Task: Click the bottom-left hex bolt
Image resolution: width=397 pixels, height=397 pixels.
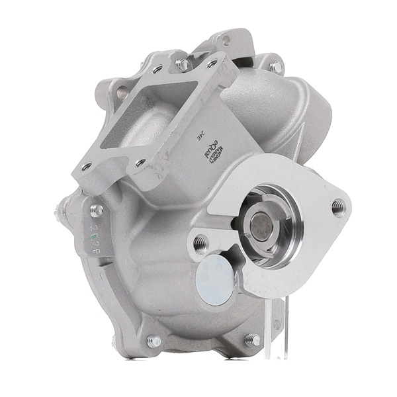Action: click(x=154, y=341)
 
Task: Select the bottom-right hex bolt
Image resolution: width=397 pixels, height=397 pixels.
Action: click(x=253, y=340)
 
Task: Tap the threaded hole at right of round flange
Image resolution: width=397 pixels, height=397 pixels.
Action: click(x=338, y=206)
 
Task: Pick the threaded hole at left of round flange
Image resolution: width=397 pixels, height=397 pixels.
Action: click(x=200, y=243)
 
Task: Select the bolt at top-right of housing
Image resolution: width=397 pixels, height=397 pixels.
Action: click(x=276, y=66)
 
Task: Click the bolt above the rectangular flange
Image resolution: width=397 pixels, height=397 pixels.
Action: click(x=183, y=64)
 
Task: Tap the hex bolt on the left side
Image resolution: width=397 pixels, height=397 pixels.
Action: click(x=97, y=210)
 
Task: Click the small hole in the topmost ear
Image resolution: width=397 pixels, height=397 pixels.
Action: click(x=226, y=41)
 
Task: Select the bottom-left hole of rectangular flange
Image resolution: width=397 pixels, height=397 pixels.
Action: click(x=86, y=167)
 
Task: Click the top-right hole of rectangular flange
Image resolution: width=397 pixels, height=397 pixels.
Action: click(x=212, y=64)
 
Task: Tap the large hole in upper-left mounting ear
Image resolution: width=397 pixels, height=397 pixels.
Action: click(x=122, y=93)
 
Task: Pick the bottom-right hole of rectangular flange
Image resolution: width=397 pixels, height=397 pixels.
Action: click(x=140, y=163)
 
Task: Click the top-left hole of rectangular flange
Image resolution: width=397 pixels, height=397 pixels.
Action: click(x=157, y=69)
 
